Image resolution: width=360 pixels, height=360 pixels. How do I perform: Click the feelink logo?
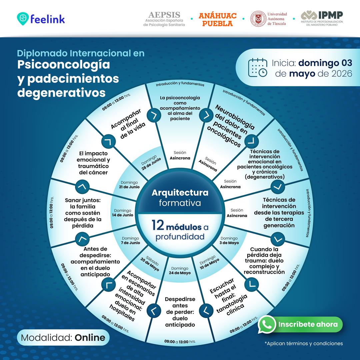point(41,19)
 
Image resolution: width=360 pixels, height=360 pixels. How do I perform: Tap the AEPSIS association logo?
point(164,19)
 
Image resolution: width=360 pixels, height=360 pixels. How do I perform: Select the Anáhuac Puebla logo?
point(217,20)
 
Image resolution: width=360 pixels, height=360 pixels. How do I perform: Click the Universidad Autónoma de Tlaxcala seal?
point(258,19)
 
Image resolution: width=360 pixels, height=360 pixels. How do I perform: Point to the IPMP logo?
point(322,18)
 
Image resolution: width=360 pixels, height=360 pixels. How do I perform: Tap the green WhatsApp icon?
point(267,324)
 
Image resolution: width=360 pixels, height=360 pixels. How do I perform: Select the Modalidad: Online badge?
point(63,337)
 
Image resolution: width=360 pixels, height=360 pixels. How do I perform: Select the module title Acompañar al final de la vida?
point(128,124)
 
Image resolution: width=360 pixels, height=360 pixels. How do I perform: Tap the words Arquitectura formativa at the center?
point(180,198)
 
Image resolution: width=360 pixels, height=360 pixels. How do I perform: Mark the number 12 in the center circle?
point(158,225)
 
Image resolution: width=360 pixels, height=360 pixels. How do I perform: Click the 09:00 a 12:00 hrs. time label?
point(291,278)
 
